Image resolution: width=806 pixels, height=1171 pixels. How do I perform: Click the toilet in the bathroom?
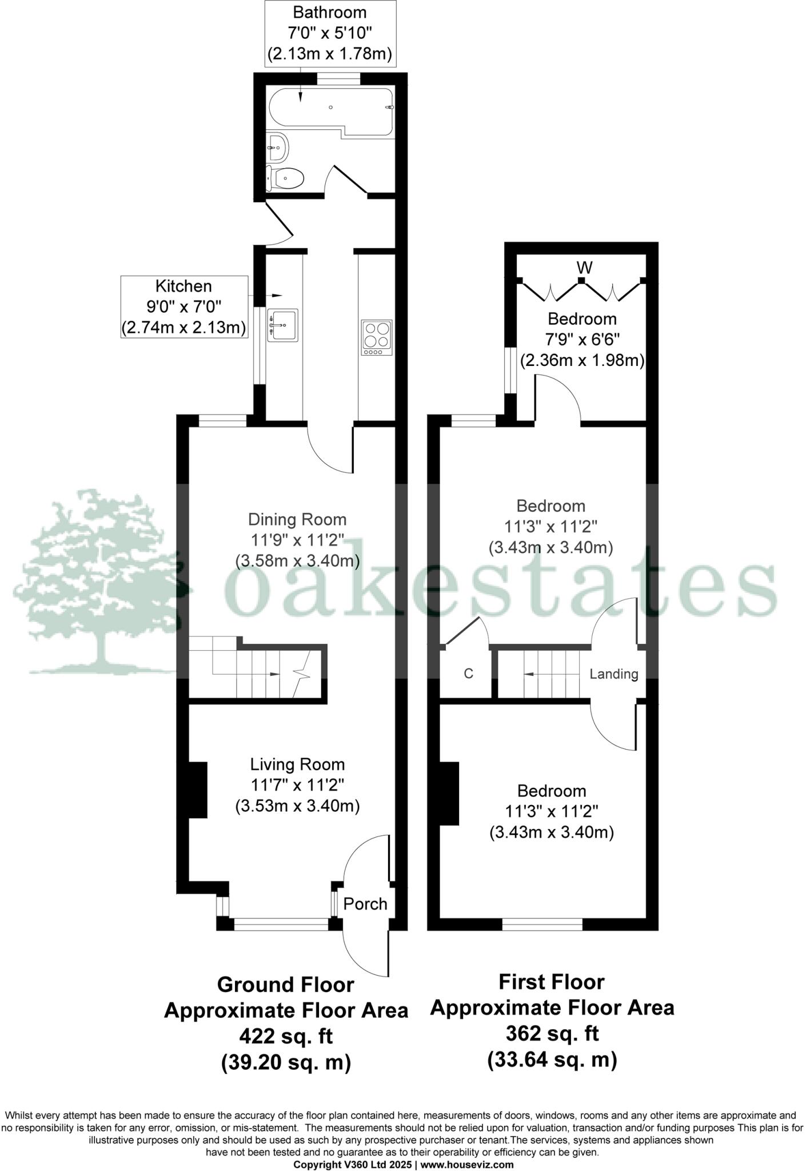(286, 179)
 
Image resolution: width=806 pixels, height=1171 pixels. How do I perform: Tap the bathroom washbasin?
(278, 148)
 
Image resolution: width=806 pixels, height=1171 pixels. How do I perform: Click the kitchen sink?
(282, 325)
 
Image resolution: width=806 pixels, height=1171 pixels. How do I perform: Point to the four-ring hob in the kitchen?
(377, 337)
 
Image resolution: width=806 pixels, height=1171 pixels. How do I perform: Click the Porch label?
(365, 904)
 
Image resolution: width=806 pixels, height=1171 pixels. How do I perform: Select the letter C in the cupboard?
(468, 674)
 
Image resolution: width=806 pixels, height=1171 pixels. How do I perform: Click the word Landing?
(613, 674)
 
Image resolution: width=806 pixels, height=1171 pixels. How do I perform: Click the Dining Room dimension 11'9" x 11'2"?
(297, 540)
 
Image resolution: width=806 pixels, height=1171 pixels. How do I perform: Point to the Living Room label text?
(297, 764)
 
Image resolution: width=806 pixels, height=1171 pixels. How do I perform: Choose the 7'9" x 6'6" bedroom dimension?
(582, 340)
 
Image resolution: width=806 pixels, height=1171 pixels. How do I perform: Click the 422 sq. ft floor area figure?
(286, 1036)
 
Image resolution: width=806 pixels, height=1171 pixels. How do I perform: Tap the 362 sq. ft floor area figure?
(552, 1034)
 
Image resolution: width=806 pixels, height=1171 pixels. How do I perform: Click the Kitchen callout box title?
(183, 286)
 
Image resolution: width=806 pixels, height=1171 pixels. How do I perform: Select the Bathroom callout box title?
(330, 12)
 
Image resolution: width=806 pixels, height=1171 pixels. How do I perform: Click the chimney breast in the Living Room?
(197, 790)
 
